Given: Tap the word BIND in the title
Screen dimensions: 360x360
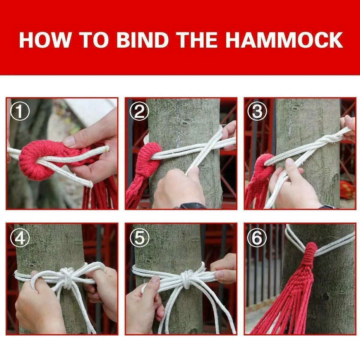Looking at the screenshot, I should tap(142, 40).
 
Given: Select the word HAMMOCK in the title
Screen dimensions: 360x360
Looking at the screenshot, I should tap(283, 40).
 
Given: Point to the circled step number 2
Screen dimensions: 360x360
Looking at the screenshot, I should tap(139, 112).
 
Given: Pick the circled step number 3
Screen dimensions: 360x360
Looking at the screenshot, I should tap(257, 112).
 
